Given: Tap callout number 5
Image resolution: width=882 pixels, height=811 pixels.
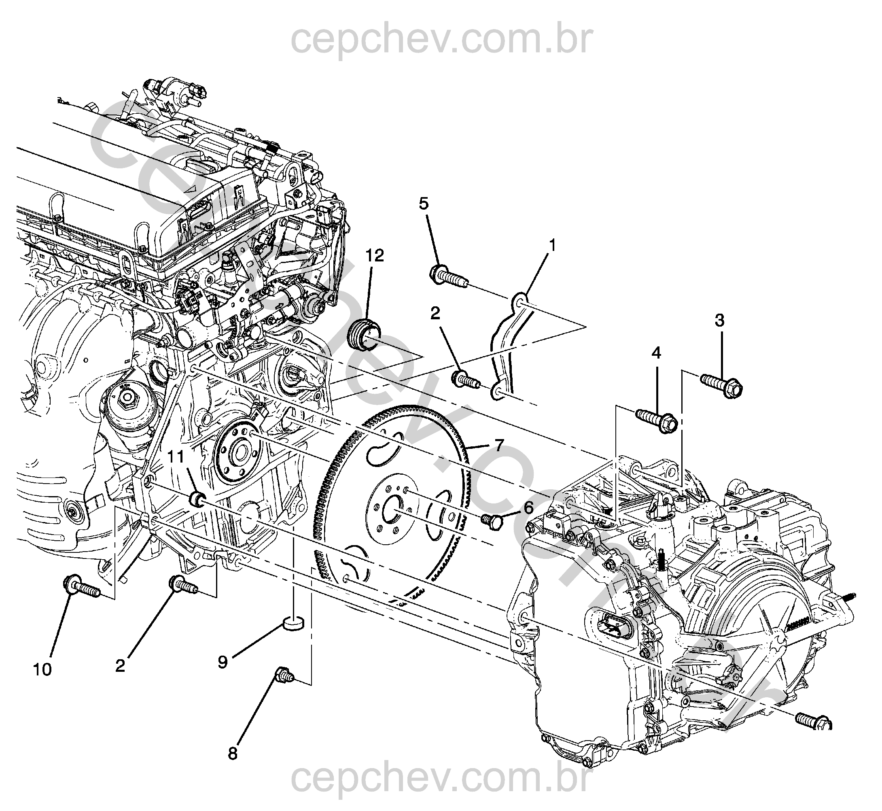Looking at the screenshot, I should [424, 204].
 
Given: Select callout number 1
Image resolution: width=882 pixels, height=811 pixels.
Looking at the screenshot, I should [552, 245].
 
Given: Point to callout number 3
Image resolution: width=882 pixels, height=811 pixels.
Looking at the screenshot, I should [719, 321].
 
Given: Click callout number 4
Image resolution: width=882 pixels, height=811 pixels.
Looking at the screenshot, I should [657, 352].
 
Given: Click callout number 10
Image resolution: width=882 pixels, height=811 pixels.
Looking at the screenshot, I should [42, 670].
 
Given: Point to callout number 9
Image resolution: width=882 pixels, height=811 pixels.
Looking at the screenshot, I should [223, 662].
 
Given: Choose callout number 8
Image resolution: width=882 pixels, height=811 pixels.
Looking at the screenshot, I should [233, 754].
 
